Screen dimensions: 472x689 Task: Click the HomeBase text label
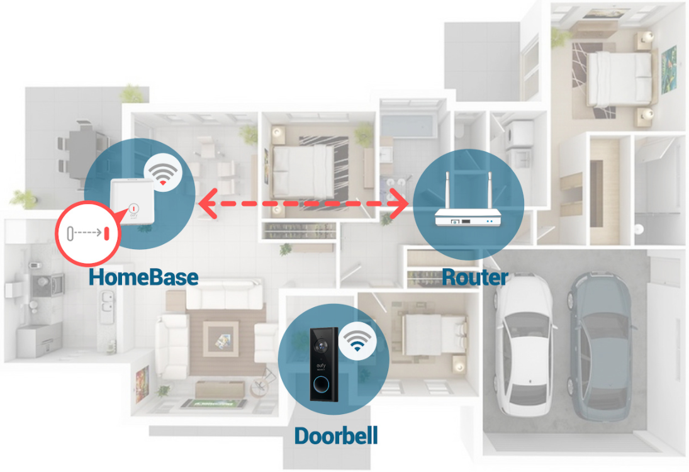(x=143, y=276)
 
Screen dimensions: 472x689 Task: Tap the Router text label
(x=474, y=276)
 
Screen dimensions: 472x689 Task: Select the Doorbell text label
(x=336, y=435)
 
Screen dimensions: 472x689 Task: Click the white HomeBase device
(x=132, y=201)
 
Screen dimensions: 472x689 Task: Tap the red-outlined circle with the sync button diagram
(x=88, y=232)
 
